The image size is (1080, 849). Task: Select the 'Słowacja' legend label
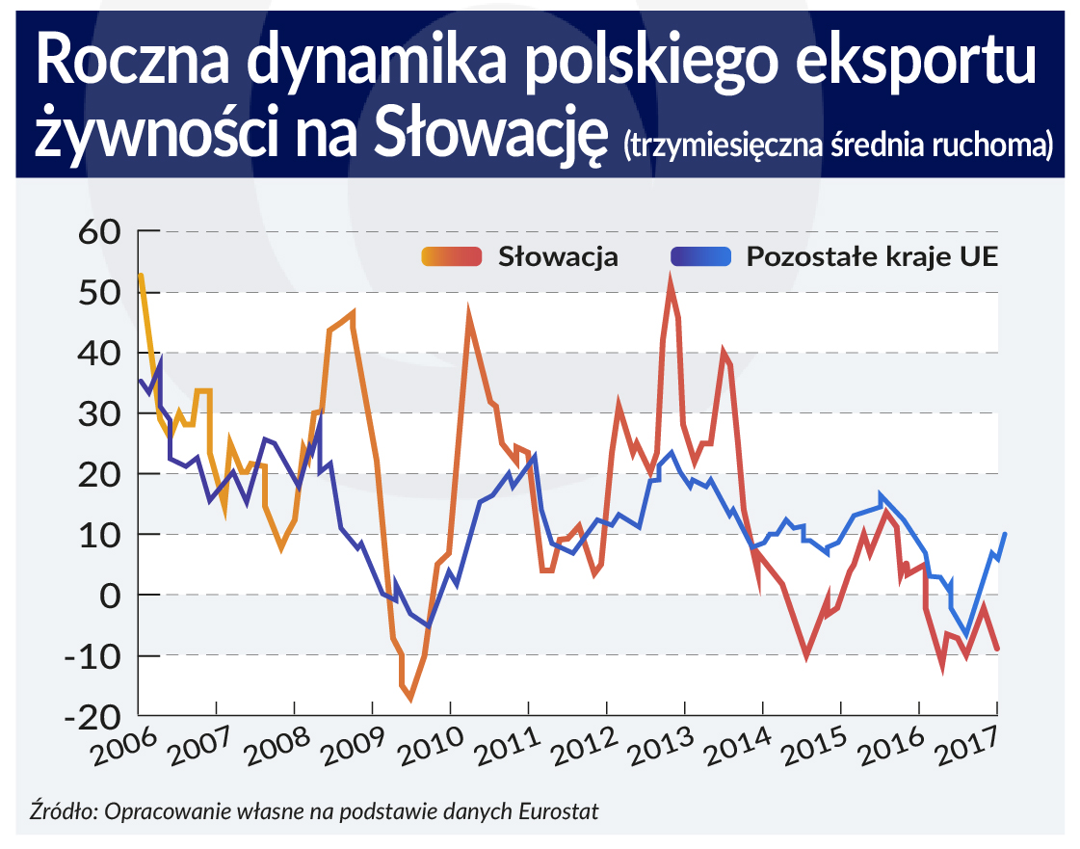pos(558,257)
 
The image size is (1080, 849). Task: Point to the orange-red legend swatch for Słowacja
pos(452,257)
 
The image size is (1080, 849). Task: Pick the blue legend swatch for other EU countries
pos(701,257)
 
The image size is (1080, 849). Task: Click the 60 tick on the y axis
pos(94,232)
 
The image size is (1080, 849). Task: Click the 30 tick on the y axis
pos(94,414)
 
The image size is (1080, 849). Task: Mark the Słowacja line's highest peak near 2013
pos(670,281)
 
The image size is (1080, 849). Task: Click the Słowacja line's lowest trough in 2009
pos(410,698)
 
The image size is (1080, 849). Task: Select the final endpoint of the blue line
pos(1005,534)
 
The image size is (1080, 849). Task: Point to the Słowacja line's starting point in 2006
pos(141,276)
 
